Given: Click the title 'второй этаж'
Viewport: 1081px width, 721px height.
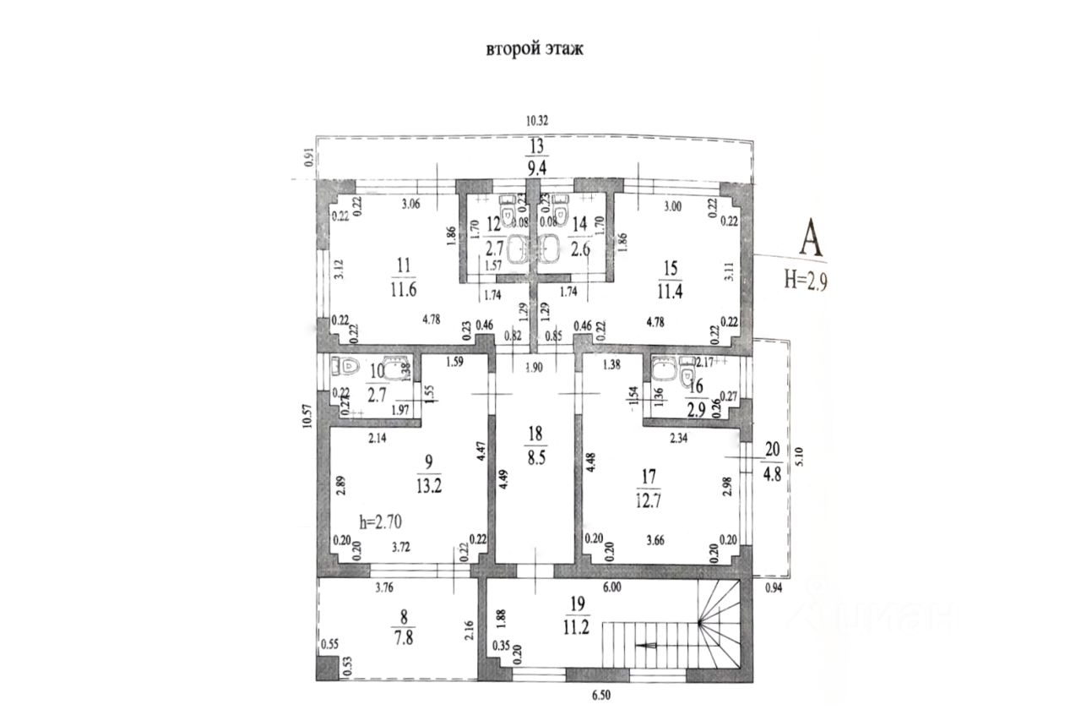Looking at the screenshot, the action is coord(535,49).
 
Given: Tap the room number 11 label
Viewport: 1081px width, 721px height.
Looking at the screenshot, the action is coord(404,265).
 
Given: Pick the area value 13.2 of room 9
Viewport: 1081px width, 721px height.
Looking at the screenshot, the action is coord(430,488).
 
